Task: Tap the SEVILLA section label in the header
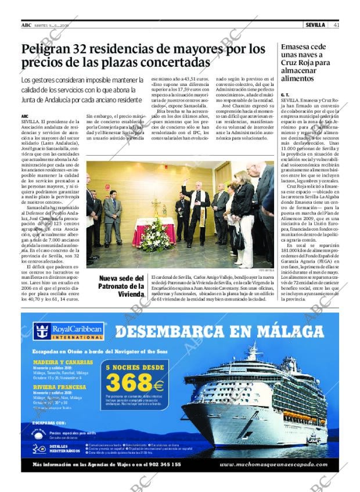[x=316, y=25]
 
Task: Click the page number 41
[x=336, y=25]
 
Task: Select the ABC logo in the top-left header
[x=26, y=25]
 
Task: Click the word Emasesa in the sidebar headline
[x=297, y=47]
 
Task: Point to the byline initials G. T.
[x=285, y=94]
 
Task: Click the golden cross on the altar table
[x=156, y=206]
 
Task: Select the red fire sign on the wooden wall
[x=107, y=187]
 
